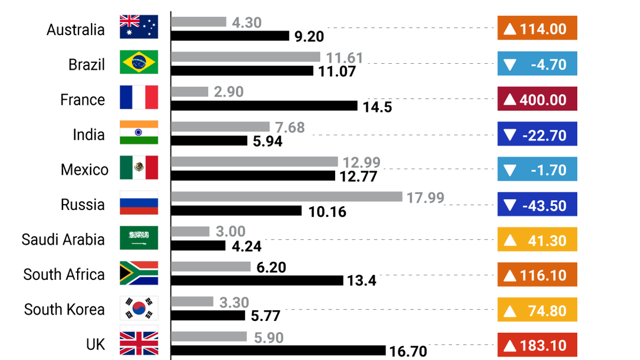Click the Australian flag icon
(139, 27)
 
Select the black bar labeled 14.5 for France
(264, 106)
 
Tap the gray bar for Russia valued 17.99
(286, 196)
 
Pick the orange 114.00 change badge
(537, 28)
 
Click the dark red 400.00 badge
(537, 99)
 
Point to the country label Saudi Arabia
(63, 240)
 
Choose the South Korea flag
(139, 308)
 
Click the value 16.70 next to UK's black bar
(408, 351)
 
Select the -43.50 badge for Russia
(537, 205)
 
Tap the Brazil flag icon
(139, 62)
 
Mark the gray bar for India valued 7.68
(220, 127)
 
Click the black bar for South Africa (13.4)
(257, 280)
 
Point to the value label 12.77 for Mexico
(359, 177)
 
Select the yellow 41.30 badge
(537, 240)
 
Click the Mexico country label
(84, 170)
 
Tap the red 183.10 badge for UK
(537, 345)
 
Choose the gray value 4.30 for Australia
(247, 23)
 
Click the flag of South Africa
(139, 273)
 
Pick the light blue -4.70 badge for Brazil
(537, 64)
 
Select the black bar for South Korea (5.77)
(208, 315)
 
